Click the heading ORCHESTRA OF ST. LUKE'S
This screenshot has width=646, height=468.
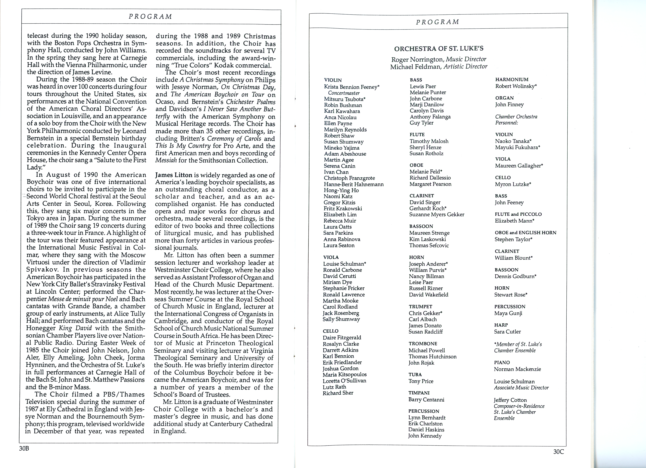click(x=439, y=48)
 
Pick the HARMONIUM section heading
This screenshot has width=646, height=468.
click(x=512, y=80)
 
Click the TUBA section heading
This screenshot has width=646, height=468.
click(x=415, y=375)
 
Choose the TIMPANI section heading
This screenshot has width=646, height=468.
click(x=419, y=393)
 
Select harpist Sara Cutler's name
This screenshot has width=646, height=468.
click(x=507, y=332)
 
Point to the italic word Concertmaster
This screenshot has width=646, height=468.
click(x=344, y=93)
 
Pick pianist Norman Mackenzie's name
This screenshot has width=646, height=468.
click(x=517, y=369)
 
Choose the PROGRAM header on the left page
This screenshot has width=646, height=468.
click(x=150, y=17)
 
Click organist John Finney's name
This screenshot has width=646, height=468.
click(x=509, y=104)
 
